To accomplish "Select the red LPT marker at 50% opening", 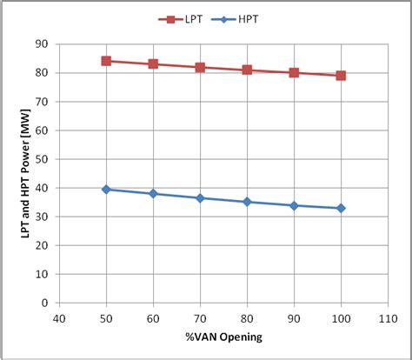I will (106, 61).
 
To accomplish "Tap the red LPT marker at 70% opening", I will (200, 67).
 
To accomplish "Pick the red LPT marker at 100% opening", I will (341, 76).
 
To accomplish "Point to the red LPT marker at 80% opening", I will (247, 70).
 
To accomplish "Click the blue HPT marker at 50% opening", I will (106, 189).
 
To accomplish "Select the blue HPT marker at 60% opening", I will (153, 193).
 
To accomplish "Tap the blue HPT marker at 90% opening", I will (294, 205).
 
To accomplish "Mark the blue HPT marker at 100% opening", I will (341, 208).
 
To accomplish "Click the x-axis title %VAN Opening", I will (223, 337).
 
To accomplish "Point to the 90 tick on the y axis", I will (42, 44).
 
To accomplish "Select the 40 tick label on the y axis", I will (42, 188).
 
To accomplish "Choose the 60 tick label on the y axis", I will (42, 130).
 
